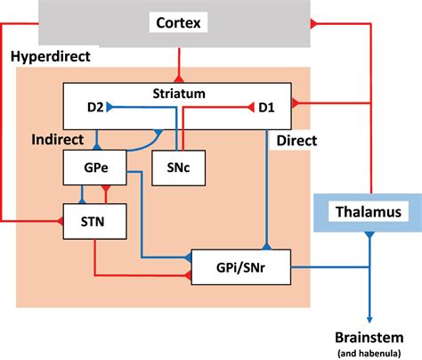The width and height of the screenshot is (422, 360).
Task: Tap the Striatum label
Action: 179,92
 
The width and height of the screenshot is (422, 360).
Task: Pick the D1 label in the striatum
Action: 266,109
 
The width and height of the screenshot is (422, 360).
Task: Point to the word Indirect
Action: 57,140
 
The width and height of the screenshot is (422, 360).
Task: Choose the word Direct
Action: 296,140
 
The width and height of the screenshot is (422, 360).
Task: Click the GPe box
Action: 91,166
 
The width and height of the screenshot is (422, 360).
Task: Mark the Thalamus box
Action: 369,211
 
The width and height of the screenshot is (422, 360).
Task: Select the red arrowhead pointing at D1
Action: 250,109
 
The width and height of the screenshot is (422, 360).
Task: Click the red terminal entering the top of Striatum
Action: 181,78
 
